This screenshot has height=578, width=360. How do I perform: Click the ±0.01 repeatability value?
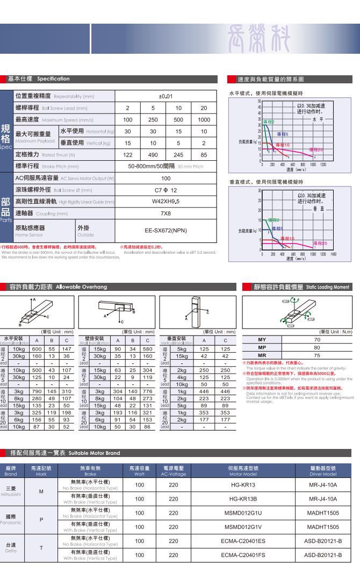point(165,96)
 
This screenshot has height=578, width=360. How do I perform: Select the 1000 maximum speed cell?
point(204,119)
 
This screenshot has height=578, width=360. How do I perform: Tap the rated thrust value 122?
point(127,154)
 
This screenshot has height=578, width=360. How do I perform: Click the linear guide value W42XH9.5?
point(165,202)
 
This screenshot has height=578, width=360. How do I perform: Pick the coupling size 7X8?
point(165,213)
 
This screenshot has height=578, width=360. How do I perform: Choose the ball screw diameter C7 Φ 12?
point(165,190)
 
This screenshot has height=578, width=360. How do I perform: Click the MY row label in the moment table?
point(262,340)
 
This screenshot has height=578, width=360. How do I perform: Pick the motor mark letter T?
point(41,547)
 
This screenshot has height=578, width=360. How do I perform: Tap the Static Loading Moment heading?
point(320,288)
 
